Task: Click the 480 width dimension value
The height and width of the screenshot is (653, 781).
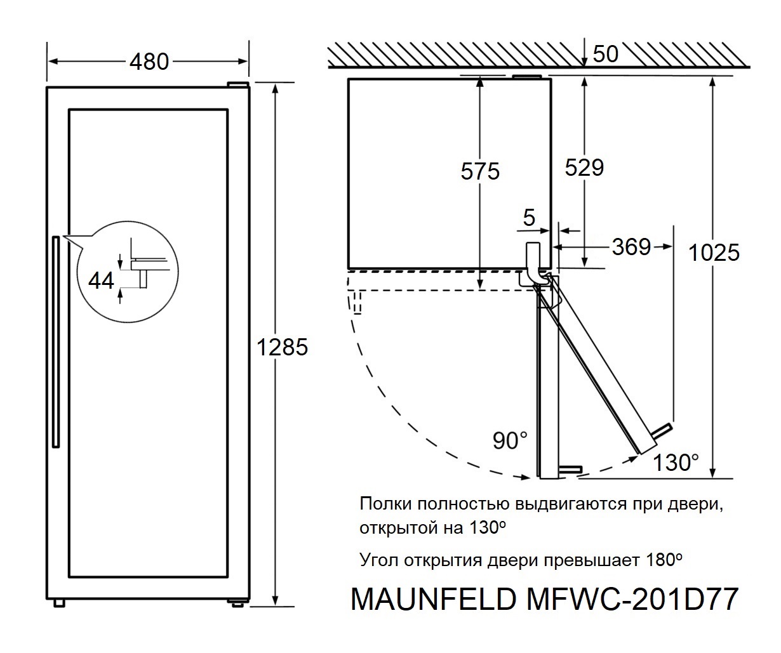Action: (149, 62)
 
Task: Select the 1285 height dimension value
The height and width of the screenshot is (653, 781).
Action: (282, 347)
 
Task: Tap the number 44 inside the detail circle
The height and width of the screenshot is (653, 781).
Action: (101, 279)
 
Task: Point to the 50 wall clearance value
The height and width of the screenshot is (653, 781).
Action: (605, 54)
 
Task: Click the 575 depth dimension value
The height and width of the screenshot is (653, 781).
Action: (481, 171)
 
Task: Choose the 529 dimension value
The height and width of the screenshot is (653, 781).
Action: (584, 168)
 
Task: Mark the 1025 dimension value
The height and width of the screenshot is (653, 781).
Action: (714, 253)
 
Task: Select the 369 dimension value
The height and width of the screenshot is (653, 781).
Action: (631, 246)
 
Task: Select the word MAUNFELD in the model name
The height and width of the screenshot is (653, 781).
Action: (432, 599)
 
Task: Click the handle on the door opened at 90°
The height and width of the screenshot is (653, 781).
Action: (570, 469)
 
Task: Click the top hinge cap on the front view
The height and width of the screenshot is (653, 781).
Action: (239, 85)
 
